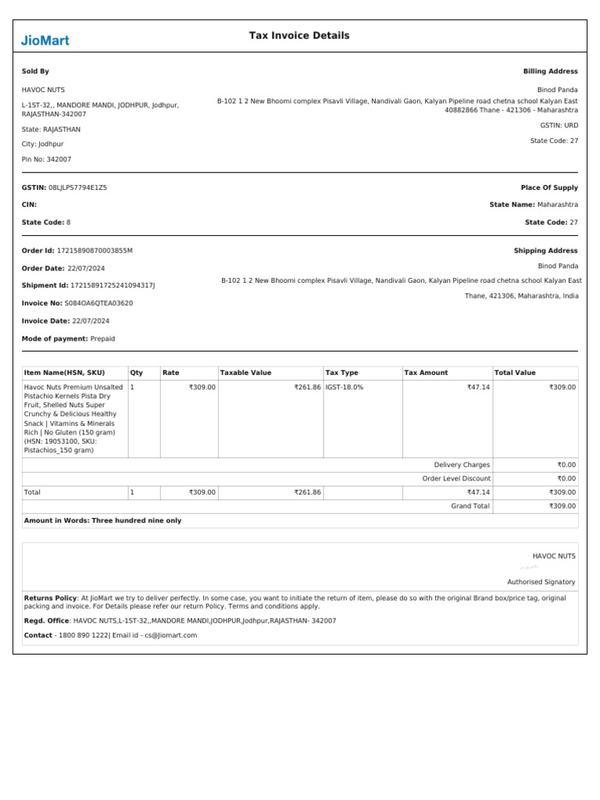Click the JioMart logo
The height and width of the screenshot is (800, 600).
[x=45, y=40]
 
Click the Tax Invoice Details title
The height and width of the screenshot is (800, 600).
[x=299, y=36]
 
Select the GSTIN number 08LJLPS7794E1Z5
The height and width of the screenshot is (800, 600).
[x=78, y=187]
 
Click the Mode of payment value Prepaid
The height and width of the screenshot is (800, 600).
[x=102, y=339]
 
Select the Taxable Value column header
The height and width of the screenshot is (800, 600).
[x=246, y=373]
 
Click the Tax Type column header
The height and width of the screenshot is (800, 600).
[x=342, y=373]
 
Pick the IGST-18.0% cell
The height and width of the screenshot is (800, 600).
[x=345, y=387]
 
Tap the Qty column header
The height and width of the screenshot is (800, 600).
[x=137, y=373]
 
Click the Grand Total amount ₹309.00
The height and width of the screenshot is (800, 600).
[x=562, y=506]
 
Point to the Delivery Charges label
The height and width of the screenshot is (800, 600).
[x=462, y=465]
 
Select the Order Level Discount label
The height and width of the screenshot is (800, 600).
[x=457, y=478]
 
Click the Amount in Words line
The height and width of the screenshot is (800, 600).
[x=102, y=520]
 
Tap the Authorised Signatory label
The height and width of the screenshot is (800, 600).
[x=541, y=582]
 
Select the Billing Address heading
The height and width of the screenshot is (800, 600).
[x=551, y=71]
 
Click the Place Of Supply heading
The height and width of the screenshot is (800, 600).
[x=549, y=187]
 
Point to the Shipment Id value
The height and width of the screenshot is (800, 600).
[x=113, y=285]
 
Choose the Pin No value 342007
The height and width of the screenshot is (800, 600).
[x=59, y=159]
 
